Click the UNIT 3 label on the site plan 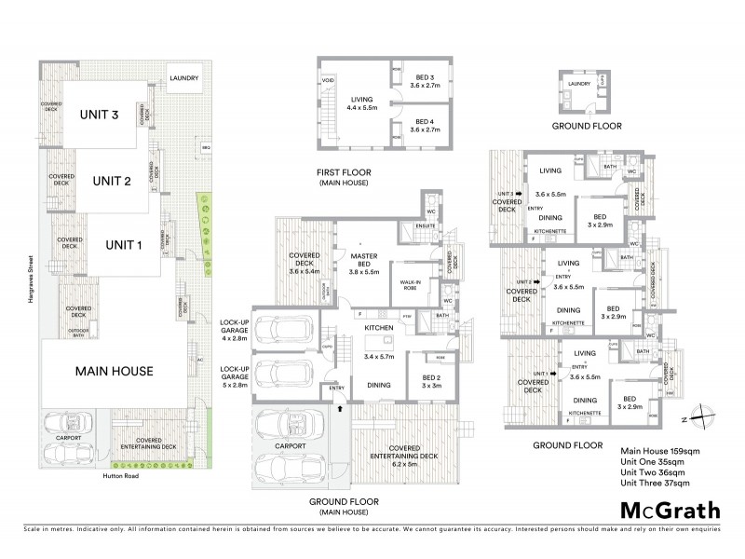pos(101,116)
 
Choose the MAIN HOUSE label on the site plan pos(110,370)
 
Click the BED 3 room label pos(424,77)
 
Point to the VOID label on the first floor pos(327,81)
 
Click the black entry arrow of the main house pos(338,407)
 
